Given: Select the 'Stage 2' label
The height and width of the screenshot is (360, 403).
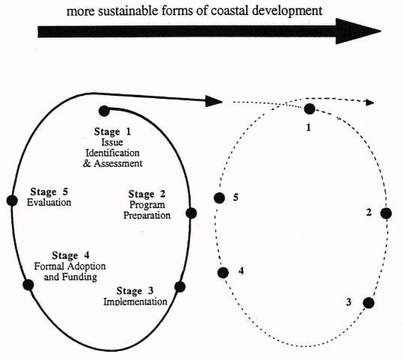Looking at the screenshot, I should [x=152, y=195].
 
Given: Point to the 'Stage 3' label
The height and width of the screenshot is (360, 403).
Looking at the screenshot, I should [x=135, y=290].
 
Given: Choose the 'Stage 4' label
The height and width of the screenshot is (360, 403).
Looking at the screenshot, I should [x=70, y=256].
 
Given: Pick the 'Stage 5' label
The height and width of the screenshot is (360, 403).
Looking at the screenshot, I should [x=49, y=191].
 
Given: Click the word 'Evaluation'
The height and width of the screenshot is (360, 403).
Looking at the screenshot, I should [x=49, y=202].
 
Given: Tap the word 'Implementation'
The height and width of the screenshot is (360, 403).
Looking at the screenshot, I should [x=135, y=302].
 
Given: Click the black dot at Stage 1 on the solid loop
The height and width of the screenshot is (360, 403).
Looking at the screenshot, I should [x=104, y=111].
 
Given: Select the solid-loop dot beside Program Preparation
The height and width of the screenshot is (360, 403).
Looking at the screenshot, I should [x=191, y=213].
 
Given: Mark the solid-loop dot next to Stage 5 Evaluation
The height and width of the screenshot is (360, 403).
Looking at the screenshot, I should [x=11, y=200].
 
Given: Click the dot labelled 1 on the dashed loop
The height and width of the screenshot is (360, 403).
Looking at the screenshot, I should [x=310, y=109].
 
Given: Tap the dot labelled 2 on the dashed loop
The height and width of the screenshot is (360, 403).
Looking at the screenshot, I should [x=386, y=213].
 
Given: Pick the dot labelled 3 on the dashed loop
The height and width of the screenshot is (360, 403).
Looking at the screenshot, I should [x=368, y=302].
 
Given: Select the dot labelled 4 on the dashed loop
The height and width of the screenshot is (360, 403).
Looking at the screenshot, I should [x=222, y=272].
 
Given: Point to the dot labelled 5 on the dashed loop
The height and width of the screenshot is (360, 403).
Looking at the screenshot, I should [x=219, y=198].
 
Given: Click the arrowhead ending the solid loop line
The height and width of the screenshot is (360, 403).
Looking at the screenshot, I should [x=214, y=100].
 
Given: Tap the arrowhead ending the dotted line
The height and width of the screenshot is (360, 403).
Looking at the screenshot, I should [x=369, y=101].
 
